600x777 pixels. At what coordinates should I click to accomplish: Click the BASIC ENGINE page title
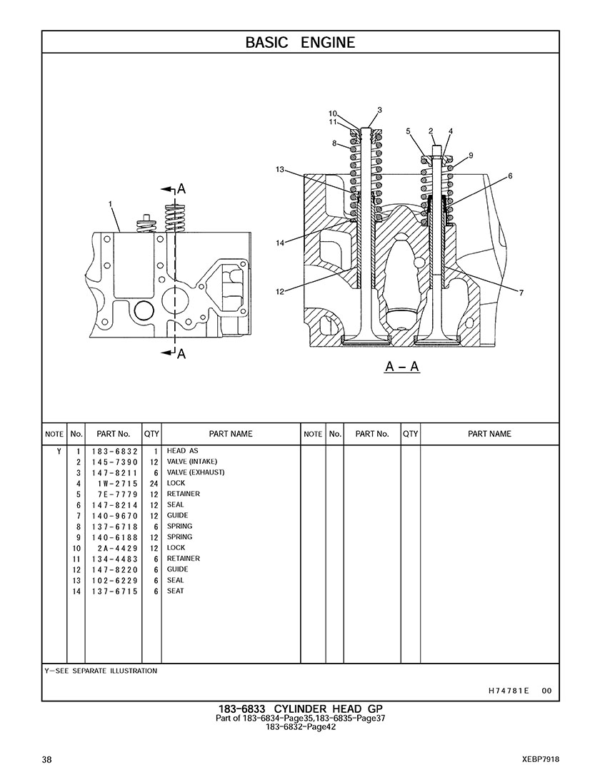point(300,43)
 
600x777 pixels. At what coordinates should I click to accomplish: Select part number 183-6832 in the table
point(114,452)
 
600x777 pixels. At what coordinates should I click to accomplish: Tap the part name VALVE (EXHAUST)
point(196,472)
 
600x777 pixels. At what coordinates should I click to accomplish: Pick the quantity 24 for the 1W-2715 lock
point(154,484)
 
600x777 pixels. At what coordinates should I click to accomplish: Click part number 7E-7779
point(118,494)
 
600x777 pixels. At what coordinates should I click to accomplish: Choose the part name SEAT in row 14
point(175,591)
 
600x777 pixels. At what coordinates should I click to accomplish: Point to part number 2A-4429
point(118,549)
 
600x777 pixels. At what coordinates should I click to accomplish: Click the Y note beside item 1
point(59,452)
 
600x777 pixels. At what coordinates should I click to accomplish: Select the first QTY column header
point(151,434)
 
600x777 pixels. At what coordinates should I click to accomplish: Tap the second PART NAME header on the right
point(489,434)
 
